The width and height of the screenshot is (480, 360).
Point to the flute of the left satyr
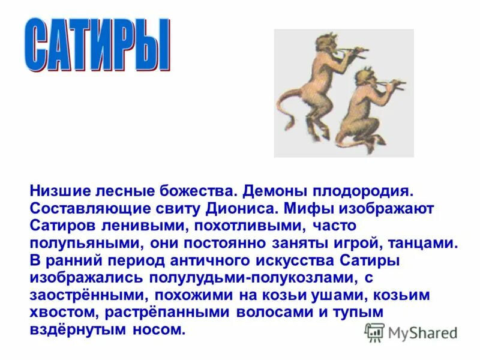[350, 52]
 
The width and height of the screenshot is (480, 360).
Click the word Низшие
[58, 192]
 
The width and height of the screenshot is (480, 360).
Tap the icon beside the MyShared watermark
[374, 332]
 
